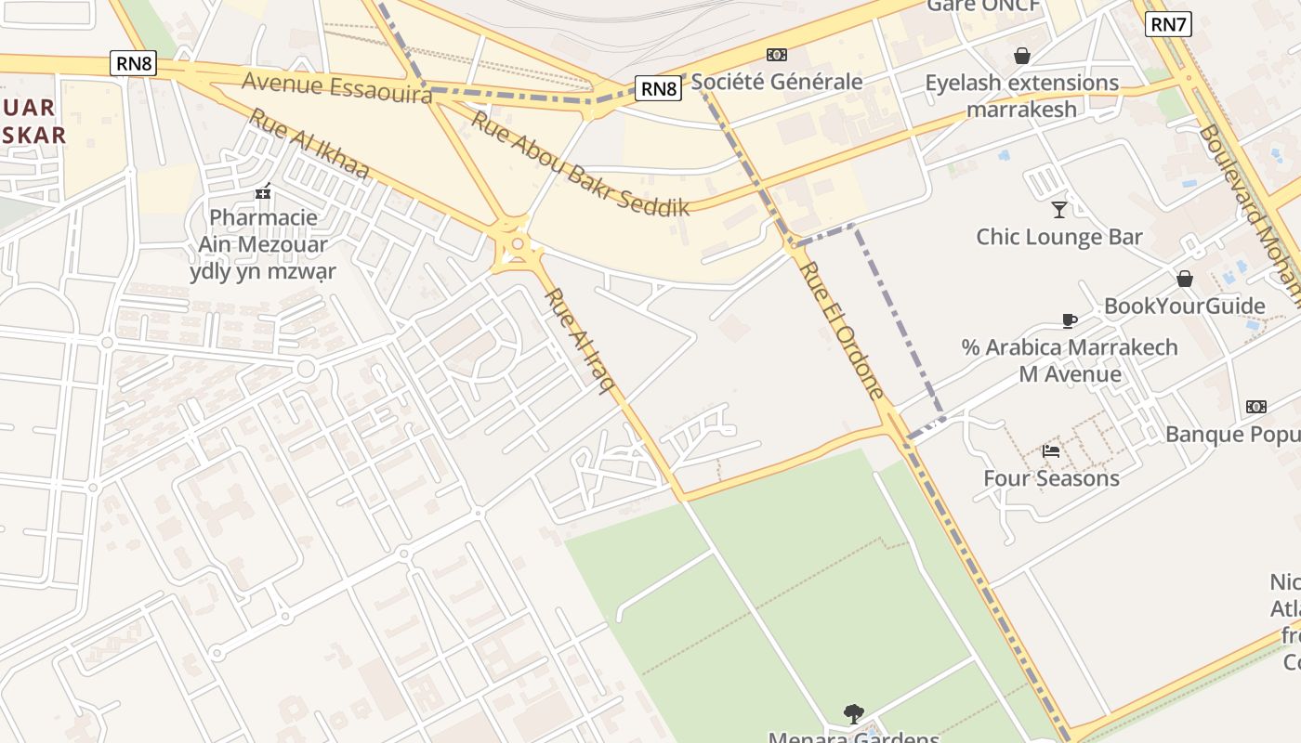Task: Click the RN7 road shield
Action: pos(1168,25)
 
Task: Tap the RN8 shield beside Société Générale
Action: pos(659,88)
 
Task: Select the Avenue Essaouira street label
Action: pos(336,87)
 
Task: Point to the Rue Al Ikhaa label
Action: pos(309,144)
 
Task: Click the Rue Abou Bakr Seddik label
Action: pos(581,163)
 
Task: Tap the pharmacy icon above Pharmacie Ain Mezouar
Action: pos(264,192)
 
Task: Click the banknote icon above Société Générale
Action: pos(776,55)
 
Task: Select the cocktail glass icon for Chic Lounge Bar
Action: pos(1058,209)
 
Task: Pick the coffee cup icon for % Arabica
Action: pos(1070,320)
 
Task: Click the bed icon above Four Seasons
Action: pos(1051,451)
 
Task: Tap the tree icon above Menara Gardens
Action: pos(853,713)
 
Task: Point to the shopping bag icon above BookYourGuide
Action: pos(1185,279)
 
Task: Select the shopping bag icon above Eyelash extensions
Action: pos(1022,56)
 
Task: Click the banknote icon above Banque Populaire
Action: pos(1255,407)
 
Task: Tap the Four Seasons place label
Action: pos(1051,478)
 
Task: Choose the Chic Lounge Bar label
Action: pos(1058,237)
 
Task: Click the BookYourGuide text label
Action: pos(1184,306)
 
